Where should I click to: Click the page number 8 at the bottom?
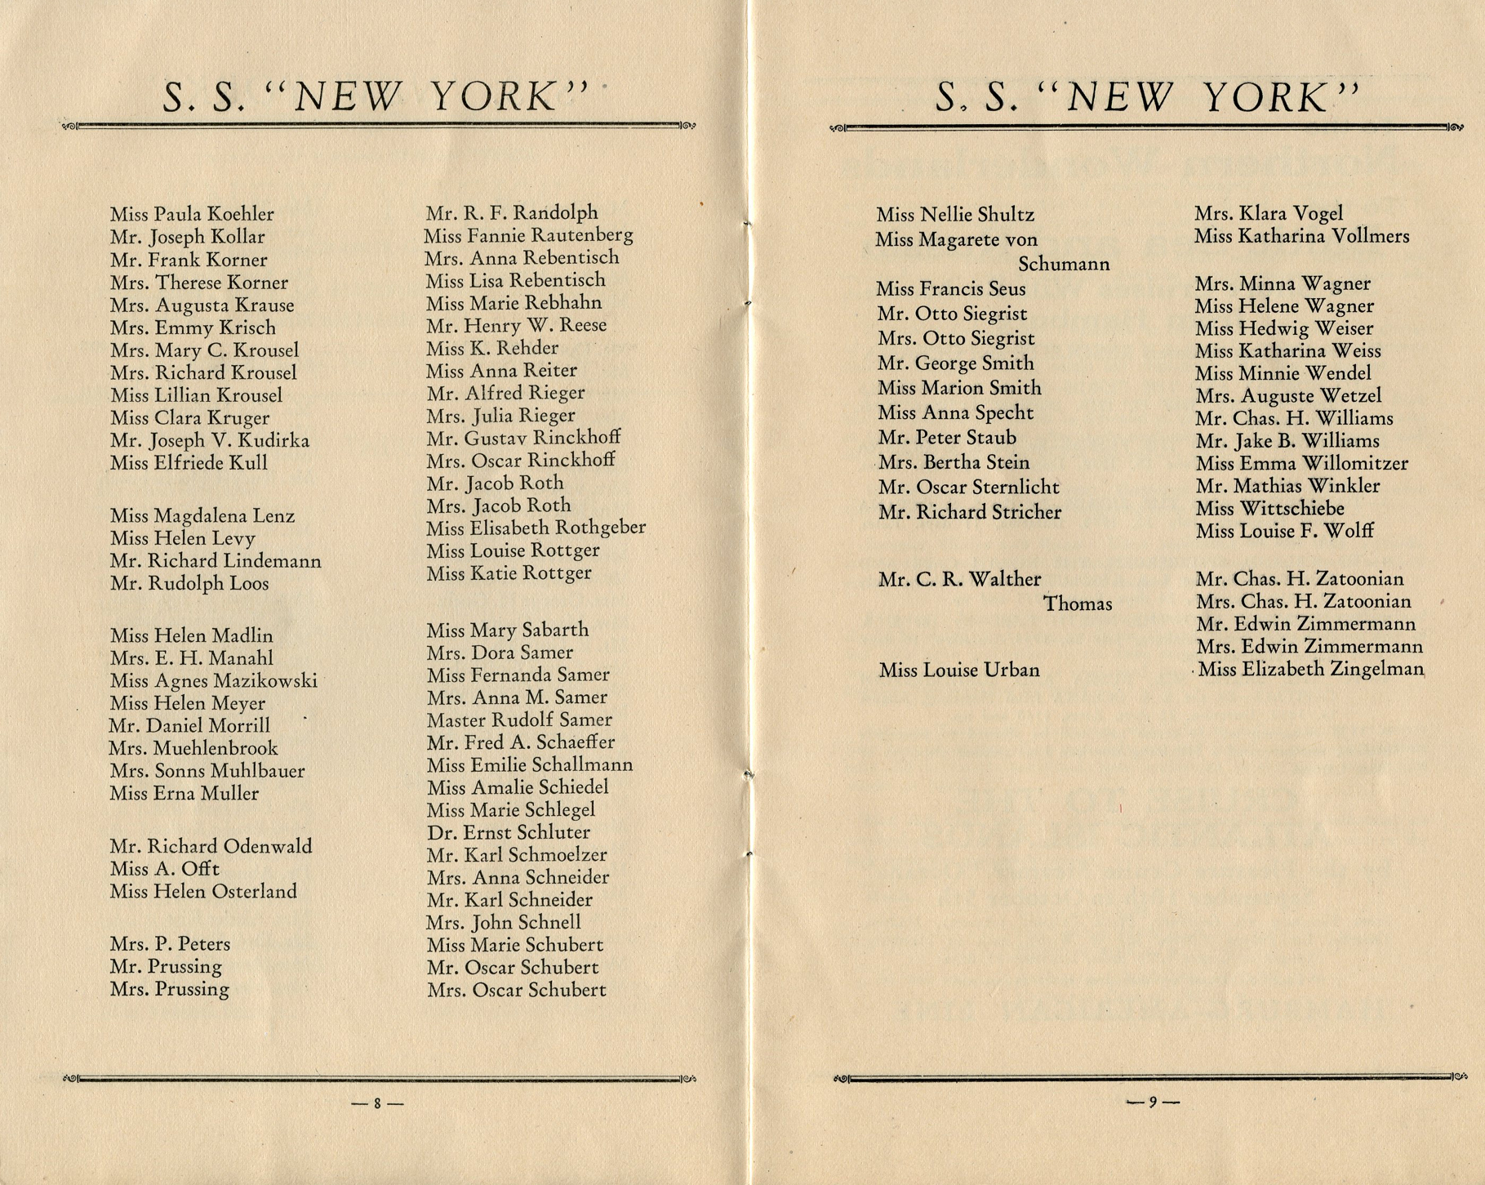click(x=377, y=1103)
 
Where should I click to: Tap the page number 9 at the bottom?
click(x=1153, y=1102)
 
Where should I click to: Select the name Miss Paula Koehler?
click(x=192, y=214)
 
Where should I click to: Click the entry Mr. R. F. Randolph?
click(x=512, y=213)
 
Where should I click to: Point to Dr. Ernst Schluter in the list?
click(x=508, y=833)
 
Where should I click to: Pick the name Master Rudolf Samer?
click(x=519, y=720)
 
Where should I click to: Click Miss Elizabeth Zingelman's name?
click(x=1311, y=670)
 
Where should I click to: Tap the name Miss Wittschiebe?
click(x=1269, y=509)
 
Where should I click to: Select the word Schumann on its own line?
click(x=1064, y=265)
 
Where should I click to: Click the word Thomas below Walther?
click(x=1078, y=604)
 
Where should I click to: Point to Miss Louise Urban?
click(x=959, y=670)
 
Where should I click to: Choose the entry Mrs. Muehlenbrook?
click(x=193, y=748)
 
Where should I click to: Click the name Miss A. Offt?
click(x=165, y=869)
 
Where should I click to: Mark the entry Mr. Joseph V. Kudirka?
click(x=210, y=441)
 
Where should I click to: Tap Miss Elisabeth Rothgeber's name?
click(x=536, y=528)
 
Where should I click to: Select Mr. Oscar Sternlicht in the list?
click(x=969, y=488)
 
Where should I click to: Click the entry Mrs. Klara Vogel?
click(x=1269, y=214)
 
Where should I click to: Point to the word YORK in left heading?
click(x=494, y=97)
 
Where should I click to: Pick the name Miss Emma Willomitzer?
click(x=1301, y=464)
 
